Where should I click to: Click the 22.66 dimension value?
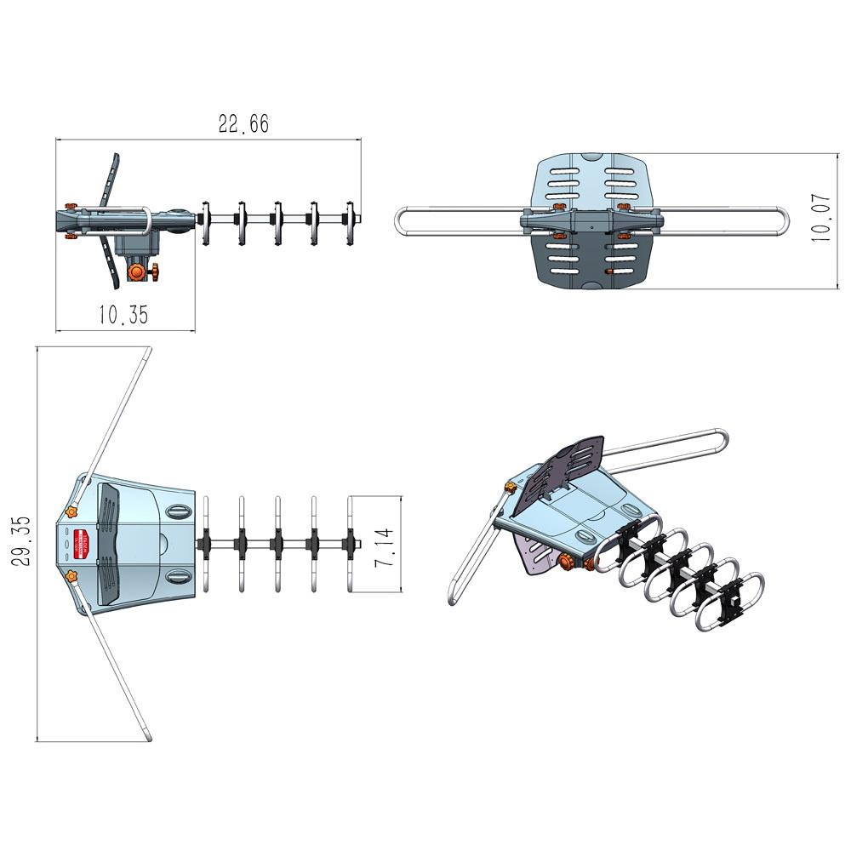coord(243,123)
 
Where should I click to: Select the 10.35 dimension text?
coord(123,315)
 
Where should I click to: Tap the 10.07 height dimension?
coord(820,219)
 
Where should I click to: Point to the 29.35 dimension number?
coord(23,541)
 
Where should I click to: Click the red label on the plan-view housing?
coord(83,543)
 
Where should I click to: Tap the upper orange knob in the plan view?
coord(72,511)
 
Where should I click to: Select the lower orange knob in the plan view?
coord(72,578)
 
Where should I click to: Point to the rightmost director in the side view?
coord(350,222)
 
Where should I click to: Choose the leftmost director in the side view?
coord(204,222)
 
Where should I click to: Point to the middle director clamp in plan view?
coord(277,543)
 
